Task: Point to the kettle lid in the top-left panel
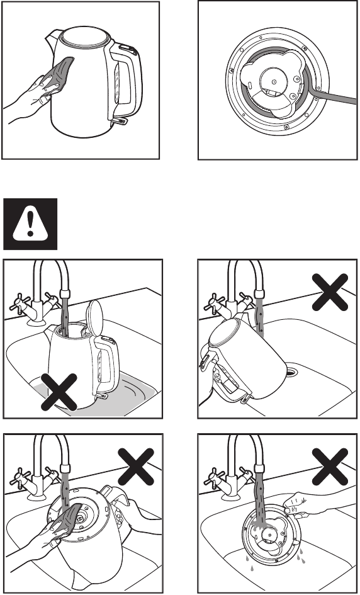(x=82, y=38)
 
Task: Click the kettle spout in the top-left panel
(x=50, y=42)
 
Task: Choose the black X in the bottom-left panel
(x=135, y=469)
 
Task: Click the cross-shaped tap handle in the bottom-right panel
(x=216, y=475)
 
